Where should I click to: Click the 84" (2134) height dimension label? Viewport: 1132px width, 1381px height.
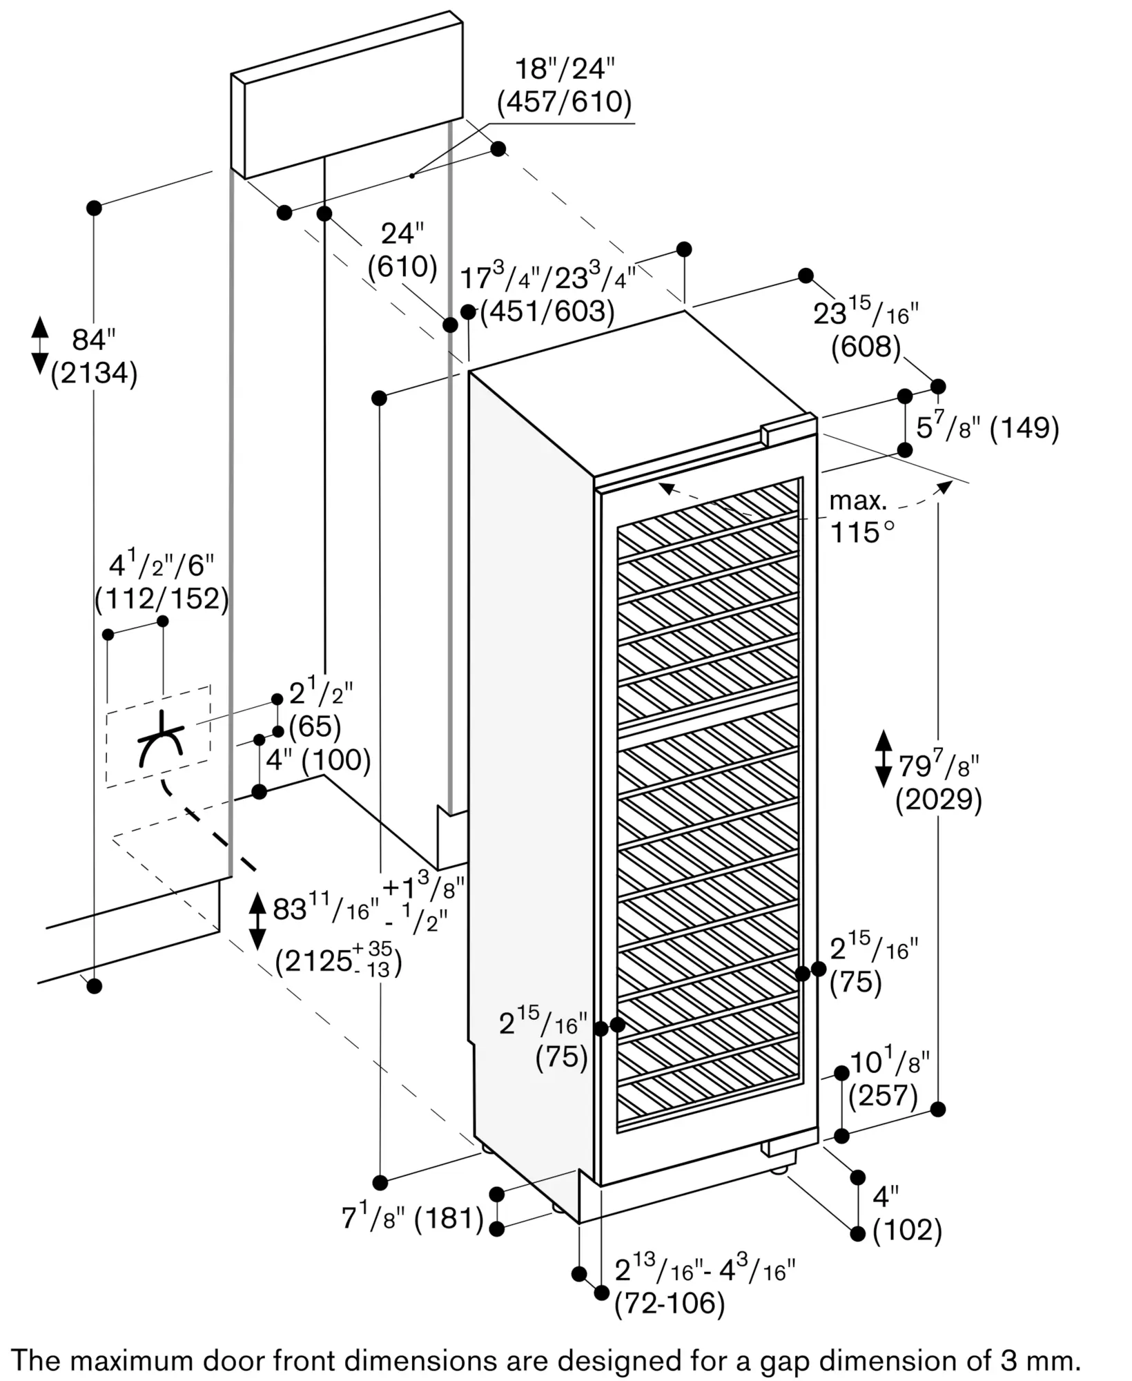click(x=95, y=357)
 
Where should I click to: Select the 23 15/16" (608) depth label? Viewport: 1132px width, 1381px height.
click(x=866, y=330)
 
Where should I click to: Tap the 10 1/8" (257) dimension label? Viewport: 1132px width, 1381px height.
click(x=890, y=1079)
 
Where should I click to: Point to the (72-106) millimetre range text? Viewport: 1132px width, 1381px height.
click(x=670, y=1303)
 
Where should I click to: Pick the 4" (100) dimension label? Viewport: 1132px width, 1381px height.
click(x=318, y=760)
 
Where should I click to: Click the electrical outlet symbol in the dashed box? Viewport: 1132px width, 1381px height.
click(x=161, y=739)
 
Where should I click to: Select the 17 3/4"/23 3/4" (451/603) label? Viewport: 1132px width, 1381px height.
click(x=547, y=293)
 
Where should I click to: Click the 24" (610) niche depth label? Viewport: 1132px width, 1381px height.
click(x=402, y=250)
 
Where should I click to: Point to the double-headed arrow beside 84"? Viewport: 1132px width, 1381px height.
click(x=40, y=345)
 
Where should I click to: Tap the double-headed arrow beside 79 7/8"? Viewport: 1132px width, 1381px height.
click(x=883, y=759)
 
